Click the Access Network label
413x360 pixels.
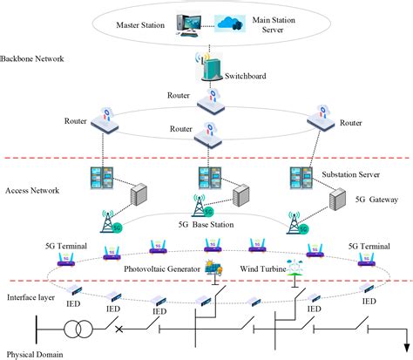pos(30,190)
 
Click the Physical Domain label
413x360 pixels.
pos(32,354)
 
